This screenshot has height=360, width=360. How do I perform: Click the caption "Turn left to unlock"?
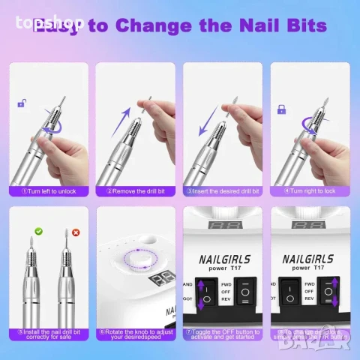(x=51, y=190)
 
